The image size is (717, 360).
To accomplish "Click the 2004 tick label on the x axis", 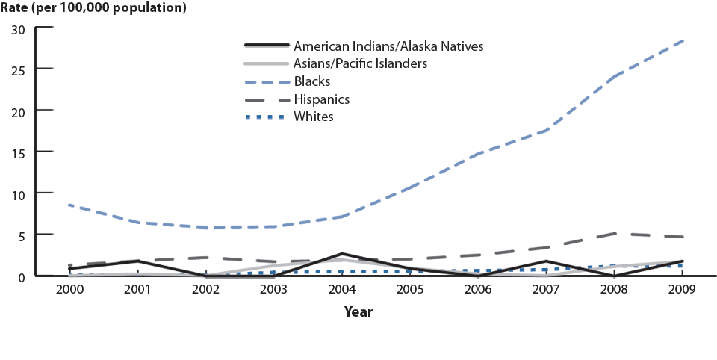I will [341, 290].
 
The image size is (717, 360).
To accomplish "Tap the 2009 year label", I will [681, 290].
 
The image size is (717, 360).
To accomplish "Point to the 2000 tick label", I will [69, 290].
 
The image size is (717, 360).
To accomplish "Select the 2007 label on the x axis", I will [545, 290].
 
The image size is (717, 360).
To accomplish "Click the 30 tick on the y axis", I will [19, 29].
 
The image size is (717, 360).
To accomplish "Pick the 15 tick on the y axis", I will [19, 152].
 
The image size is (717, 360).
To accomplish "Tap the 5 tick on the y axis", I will [22, 235].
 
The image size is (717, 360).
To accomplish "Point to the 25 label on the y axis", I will [19, 69].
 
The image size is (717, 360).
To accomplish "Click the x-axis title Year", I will [358, 312].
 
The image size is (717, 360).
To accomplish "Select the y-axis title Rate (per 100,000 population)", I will [93, 9].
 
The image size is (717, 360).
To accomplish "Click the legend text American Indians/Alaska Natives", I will [388, 46].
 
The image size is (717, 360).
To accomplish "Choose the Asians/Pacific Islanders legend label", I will [360, 63].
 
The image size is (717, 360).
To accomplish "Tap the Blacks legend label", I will [312, 81].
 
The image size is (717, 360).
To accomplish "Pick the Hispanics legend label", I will [321, 99].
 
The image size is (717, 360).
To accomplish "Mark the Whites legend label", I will [314, 117].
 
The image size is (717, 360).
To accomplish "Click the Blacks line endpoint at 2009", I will [681, 40].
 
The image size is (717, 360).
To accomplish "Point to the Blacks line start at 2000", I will [69, 205].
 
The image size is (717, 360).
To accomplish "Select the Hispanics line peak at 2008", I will [613, 233].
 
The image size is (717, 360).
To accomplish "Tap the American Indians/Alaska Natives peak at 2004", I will [341, 254].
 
